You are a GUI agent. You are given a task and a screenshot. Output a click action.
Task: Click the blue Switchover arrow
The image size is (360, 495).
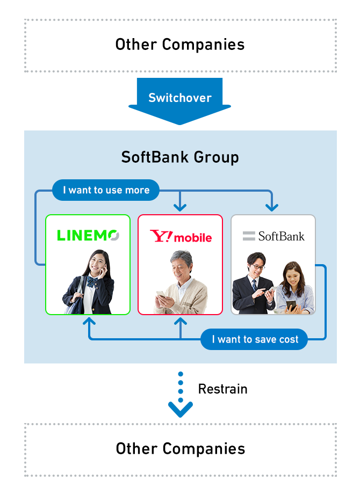179,99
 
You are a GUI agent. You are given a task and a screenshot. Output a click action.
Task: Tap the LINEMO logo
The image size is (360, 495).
88,235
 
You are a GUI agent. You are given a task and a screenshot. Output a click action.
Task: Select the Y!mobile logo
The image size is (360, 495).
181,236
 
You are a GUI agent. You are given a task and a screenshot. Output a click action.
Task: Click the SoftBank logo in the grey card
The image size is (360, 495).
273,236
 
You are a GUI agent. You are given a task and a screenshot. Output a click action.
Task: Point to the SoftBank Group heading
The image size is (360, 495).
180,157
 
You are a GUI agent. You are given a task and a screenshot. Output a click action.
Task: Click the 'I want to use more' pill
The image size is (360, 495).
106,190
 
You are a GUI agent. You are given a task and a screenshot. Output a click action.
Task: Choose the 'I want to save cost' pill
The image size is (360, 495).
254,339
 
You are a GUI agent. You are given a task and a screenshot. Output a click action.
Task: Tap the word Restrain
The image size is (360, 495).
222,389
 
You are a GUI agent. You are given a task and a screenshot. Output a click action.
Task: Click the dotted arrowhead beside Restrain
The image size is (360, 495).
180,410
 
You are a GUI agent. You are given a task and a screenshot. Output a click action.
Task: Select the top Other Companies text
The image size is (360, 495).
180,45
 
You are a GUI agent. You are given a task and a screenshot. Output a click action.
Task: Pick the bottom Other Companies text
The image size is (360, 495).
180,449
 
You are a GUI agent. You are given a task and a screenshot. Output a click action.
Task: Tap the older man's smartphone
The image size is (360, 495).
161,297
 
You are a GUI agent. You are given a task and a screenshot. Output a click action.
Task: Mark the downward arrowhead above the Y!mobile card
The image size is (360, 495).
180,206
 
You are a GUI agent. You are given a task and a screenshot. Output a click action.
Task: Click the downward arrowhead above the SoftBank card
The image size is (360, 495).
272,206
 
